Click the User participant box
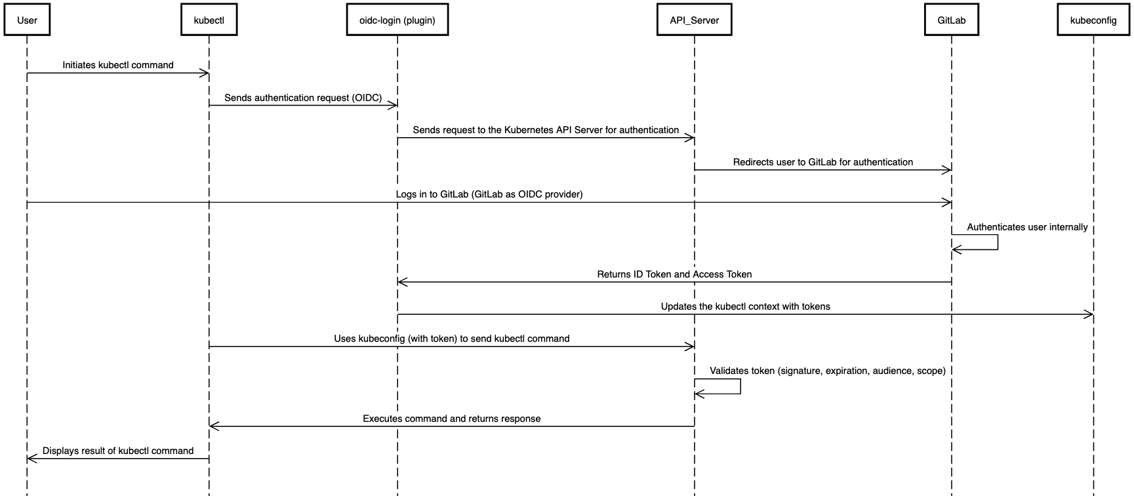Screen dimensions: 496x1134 pos(27,20)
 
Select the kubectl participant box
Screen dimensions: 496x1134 pos(209,20)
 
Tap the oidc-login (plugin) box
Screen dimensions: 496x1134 pos(397,20)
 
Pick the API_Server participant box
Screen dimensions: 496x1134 pos(694,20)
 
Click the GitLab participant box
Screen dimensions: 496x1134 pos(951,20)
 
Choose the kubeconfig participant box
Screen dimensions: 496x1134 pos(1093,20)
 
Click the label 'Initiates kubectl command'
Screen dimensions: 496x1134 pos(118,65)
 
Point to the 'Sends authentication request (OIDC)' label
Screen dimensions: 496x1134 pos(303,98)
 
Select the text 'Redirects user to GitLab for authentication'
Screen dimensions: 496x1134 pos(822,162)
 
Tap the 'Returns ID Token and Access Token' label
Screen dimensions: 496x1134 pos(674,274)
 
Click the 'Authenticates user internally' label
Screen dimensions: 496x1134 pos(1027,227)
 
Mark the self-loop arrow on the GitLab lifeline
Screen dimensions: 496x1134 pos(997,242)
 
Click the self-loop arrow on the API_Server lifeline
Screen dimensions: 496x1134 pos(740,386)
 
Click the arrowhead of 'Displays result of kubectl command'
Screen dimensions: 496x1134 pos(31,459)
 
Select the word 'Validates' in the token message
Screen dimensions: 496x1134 pos(729,371)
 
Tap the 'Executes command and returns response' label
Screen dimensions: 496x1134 pos(451,419)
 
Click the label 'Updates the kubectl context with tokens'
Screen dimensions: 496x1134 pos(745,306)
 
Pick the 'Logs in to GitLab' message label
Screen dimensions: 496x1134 pos(489,194)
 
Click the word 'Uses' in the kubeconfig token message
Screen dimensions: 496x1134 pos(345,339)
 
